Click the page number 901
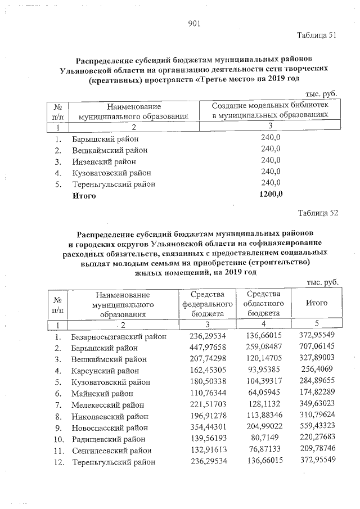(x=194, y=23)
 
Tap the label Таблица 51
(x=317, y=35)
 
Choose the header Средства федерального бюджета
(x=204, y=304)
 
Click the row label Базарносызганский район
(x=119, y=336)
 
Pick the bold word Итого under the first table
(x=84, y=196)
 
